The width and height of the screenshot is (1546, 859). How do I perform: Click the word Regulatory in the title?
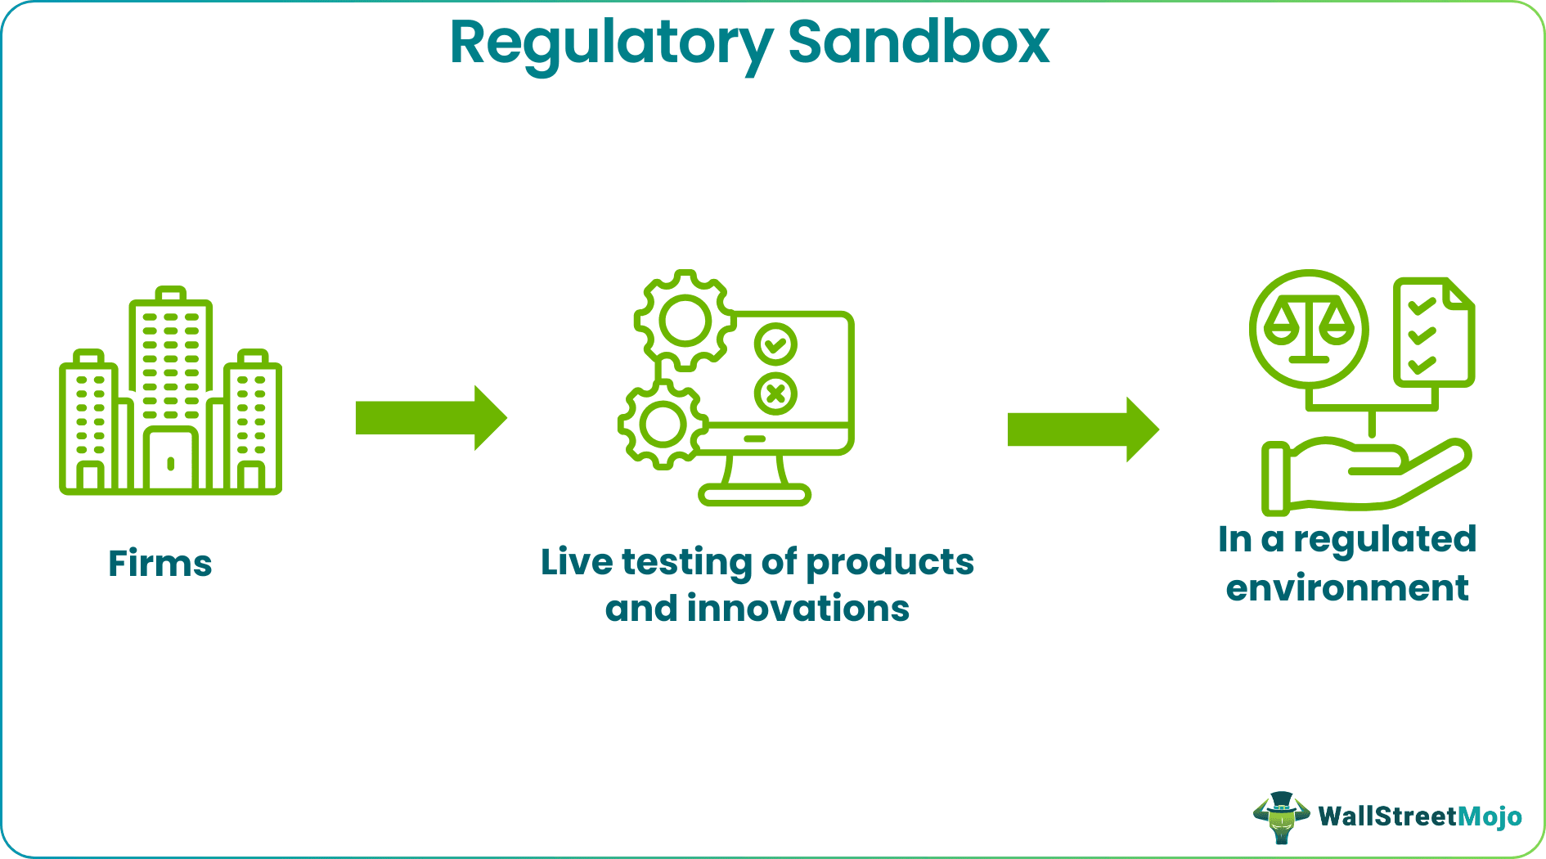pyautogui.click(x=609, y=43)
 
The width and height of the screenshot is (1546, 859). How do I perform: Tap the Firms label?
pyautogui.click(x=160, y=564)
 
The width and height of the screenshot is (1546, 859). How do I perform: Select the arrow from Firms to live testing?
pyautogui.click(x=430, y=418)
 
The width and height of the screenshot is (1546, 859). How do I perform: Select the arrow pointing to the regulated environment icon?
pyautogui.click(x=1082, y=429)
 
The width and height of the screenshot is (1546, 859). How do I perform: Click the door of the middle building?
pyautogui.click(x=171, y=460)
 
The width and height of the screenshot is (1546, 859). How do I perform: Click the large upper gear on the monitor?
pyautogui.click(x=685, y=321)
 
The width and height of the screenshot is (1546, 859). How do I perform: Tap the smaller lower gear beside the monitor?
pyautogui.click(x=662, y=425)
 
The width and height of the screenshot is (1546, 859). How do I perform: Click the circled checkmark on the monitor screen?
pyautogui.click(x=775, y=344)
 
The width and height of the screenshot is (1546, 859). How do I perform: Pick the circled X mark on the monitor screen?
pyautogui.click(x=775, y=394)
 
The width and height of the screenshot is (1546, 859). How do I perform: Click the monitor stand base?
pyautogui.click(x=754, y=494)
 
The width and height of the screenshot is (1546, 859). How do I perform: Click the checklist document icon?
pyautogui.click(x=1433, y=332)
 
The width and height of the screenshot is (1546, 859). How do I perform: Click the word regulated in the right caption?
pyautogui.click(x=1384, y=540)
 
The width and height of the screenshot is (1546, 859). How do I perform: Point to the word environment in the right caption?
pyautogui.click(x=1347, y=588)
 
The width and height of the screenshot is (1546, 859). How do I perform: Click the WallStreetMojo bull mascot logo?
pyautogui.click(x=1280, y=816)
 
